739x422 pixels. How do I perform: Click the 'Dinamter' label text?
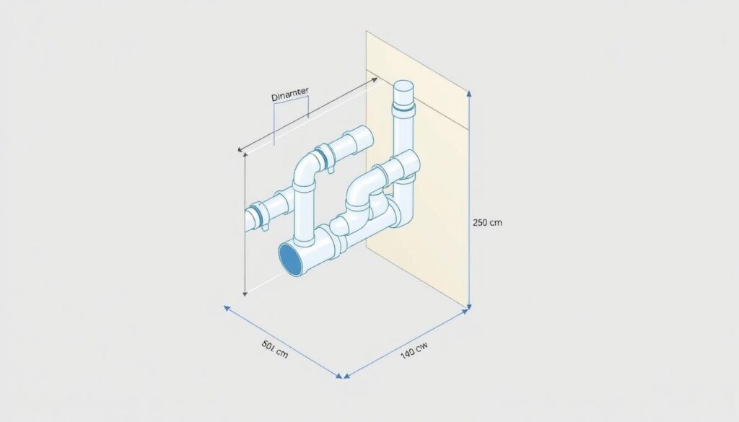click(289, 97)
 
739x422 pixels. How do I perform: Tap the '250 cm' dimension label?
click(486, 223)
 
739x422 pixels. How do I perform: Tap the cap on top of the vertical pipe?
click(402, 93)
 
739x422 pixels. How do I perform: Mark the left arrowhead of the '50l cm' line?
click(225, 307)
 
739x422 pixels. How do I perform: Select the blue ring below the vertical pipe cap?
click(402, 109)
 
